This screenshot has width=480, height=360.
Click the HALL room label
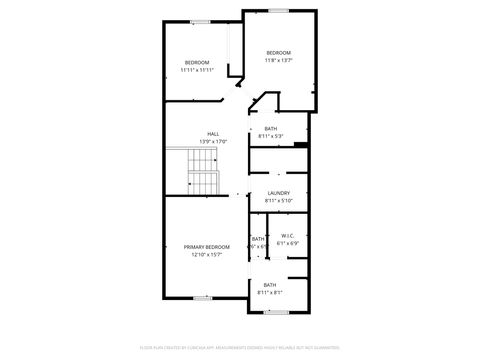pyautogui.click(x=213, y=134)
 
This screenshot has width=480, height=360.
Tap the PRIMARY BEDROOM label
pyautogui.click(x=207, y=247)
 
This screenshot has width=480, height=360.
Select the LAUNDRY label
pyautogui.click(x=279, y=193)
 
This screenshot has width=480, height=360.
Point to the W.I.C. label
pyautogui.click(x=288, y=236)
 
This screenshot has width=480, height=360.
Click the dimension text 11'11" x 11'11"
pyautogui.click(x=197, y=70)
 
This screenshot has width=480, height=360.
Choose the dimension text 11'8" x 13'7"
pyautogui.click(x=278, y=60)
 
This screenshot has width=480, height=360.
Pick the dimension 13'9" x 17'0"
pyautogui.click(x=213, y=141)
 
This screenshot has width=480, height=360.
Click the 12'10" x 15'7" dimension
pyautogui.click(x=207, y=255)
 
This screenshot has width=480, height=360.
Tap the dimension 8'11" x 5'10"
pyautogui.click(x=279, y=201)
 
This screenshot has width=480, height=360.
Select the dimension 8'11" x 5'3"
pyautogui.click(x=271, y=136)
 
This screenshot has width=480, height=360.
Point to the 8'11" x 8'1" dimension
pyautogui.click(x=271, y=292)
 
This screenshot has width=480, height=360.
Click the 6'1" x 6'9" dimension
pyautogui.click(x=288, y=243)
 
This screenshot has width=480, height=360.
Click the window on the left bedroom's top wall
pyautogui.click(x=201, y=22)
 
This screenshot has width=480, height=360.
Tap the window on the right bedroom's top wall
pyautogui.click(x=278, y=10)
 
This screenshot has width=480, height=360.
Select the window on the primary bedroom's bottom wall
pyautogui.click(x=202, y=298)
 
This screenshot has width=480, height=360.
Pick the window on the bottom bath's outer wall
pyautogui.click(x=277, y=311)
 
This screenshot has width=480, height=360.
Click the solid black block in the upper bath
pyautogui.click(x=300, y=147)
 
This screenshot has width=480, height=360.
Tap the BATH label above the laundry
pyautogui.click(x=271, y=128)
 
